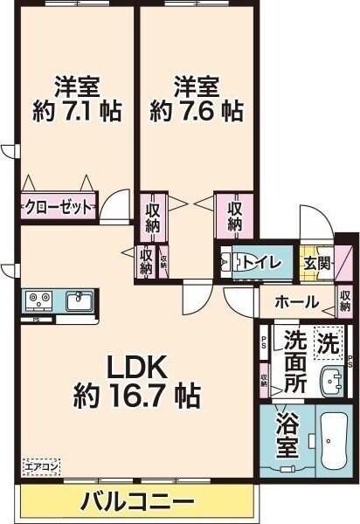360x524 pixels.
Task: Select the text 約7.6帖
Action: point(196,111)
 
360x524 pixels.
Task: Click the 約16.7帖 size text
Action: point(137,395)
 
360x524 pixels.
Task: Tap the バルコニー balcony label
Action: point(137,502)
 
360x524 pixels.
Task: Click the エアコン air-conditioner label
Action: point(40,467)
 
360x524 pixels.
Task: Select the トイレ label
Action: point(261,260)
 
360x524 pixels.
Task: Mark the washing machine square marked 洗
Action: point(329,342)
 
